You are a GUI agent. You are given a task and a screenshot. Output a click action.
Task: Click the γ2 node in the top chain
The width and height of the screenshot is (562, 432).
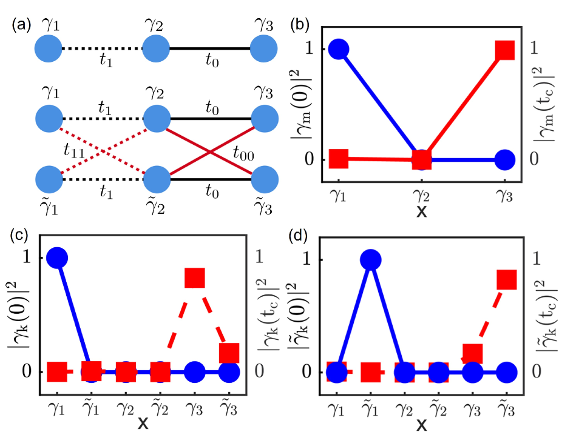tap(156, 50)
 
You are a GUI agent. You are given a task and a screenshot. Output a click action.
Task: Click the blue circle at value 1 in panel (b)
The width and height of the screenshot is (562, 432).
tap(338, 50)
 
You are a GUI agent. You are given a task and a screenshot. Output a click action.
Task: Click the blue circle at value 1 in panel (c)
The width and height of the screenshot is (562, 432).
tap(56, 258)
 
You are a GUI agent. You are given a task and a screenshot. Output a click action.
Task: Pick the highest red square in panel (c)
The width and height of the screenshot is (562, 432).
tap(194, 278)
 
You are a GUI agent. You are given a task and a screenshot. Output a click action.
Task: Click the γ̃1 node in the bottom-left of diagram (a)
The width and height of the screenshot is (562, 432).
tap(48, 180)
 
